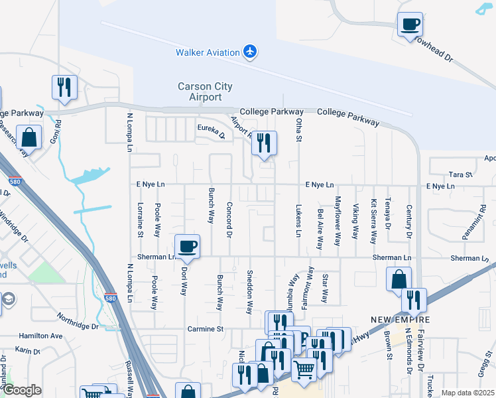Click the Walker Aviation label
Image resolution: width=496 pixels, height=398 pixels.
pos(207,52)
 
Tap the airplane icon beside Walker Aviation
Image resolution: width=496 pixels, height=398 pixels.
pos(250,51)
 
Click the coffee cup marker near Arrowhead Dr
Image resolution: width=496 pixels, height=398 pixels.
pos(410,25)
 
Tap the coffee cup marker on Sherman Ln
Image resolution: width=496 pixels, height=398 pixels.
pos(187,247)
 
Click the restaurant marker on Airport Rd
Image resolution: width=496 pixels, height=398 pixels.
pos(264,143)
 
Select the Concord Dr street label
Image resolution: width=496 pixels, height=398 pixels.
pos(229,220)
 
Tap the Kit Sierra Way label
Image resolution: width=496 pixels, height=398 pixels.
pos(373,221)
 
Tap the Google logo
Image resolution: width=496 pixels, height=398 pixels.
pos(23,390)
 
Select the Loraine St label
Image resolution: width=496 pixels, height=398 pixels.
pos(141,220)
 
